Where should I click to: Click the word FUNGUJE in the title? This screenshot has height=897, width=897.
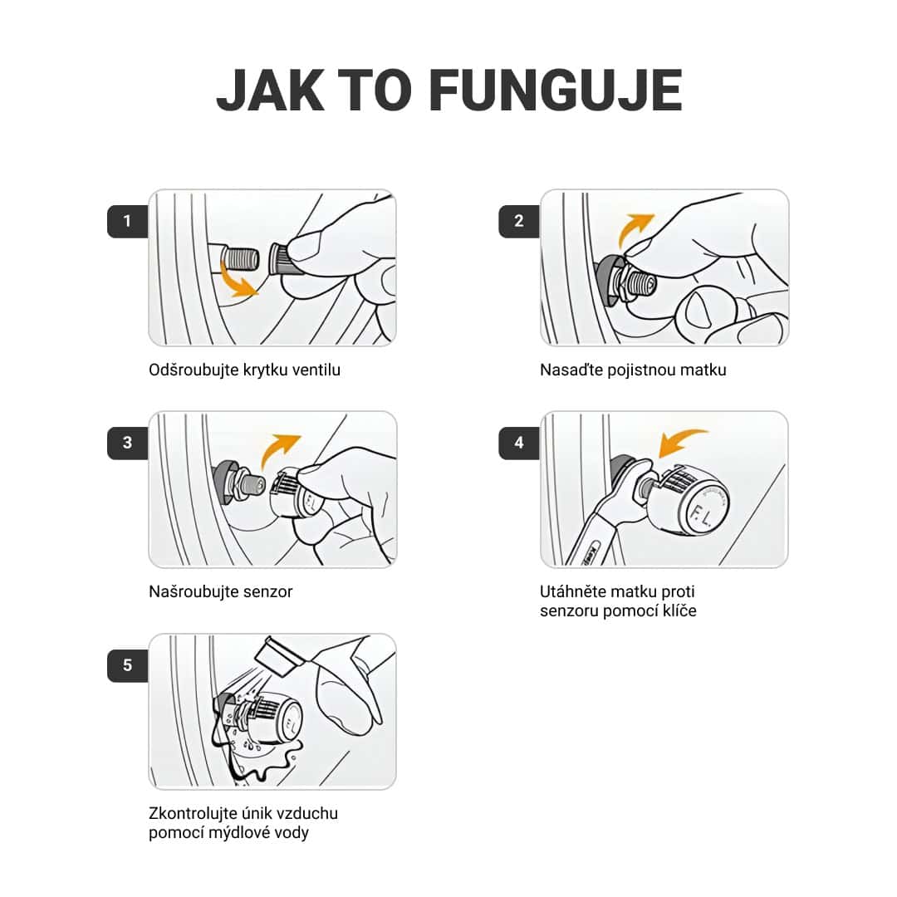tap(555, 90)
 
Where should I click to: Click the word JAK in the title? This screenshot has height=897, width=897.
tap(271, 90)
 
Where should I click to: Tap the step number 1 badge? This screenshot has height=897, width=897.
tap(127, 221)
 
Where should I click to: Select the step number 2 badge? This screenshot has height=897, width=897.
tap(519, 221)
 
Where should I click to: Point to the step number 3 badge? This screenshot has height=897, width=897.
tap(127, 443)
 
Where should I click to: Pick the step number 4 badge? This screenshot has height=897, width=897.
tap(519, 443)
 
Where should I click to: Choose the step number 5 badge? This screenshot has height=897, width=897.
tap(127, 665)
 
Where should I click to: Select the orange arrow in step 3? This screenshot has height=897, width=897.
tap(275, 449)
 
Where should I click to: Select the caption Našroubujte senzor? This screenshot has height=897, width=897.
tap(221, 591)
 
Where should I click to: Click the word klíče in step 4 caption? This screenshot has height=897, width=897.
tap(679, 611)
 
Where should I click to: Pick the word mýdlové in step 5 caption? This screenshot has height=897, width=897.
tap(240, 833)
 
